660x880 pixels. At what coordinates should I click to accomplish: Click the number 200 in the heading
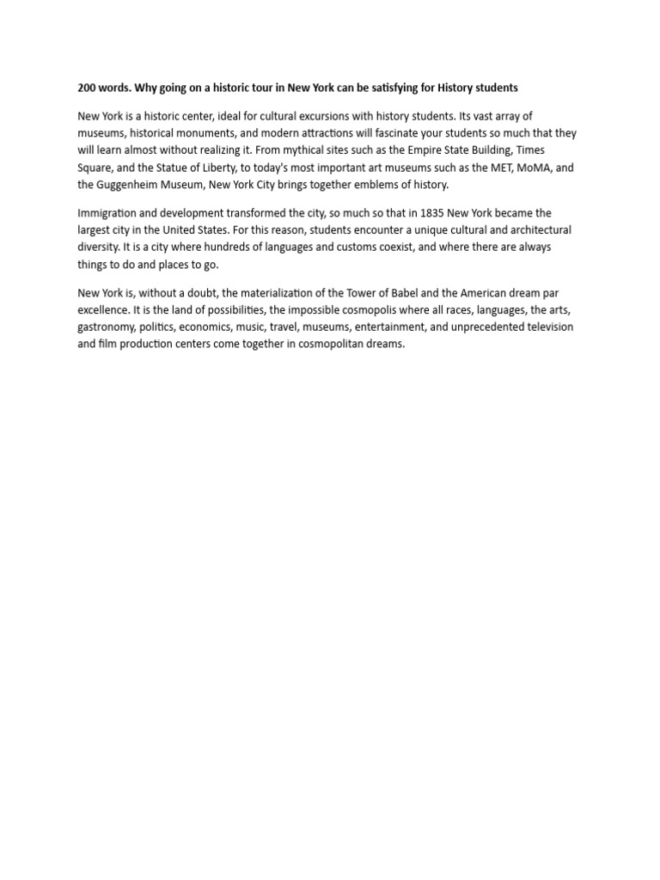coord(87,88)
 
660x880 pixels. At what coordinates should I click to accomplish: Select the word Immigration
coord(109,213)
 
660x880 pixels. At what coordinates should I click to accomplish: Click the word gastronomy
coord(106,327)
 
